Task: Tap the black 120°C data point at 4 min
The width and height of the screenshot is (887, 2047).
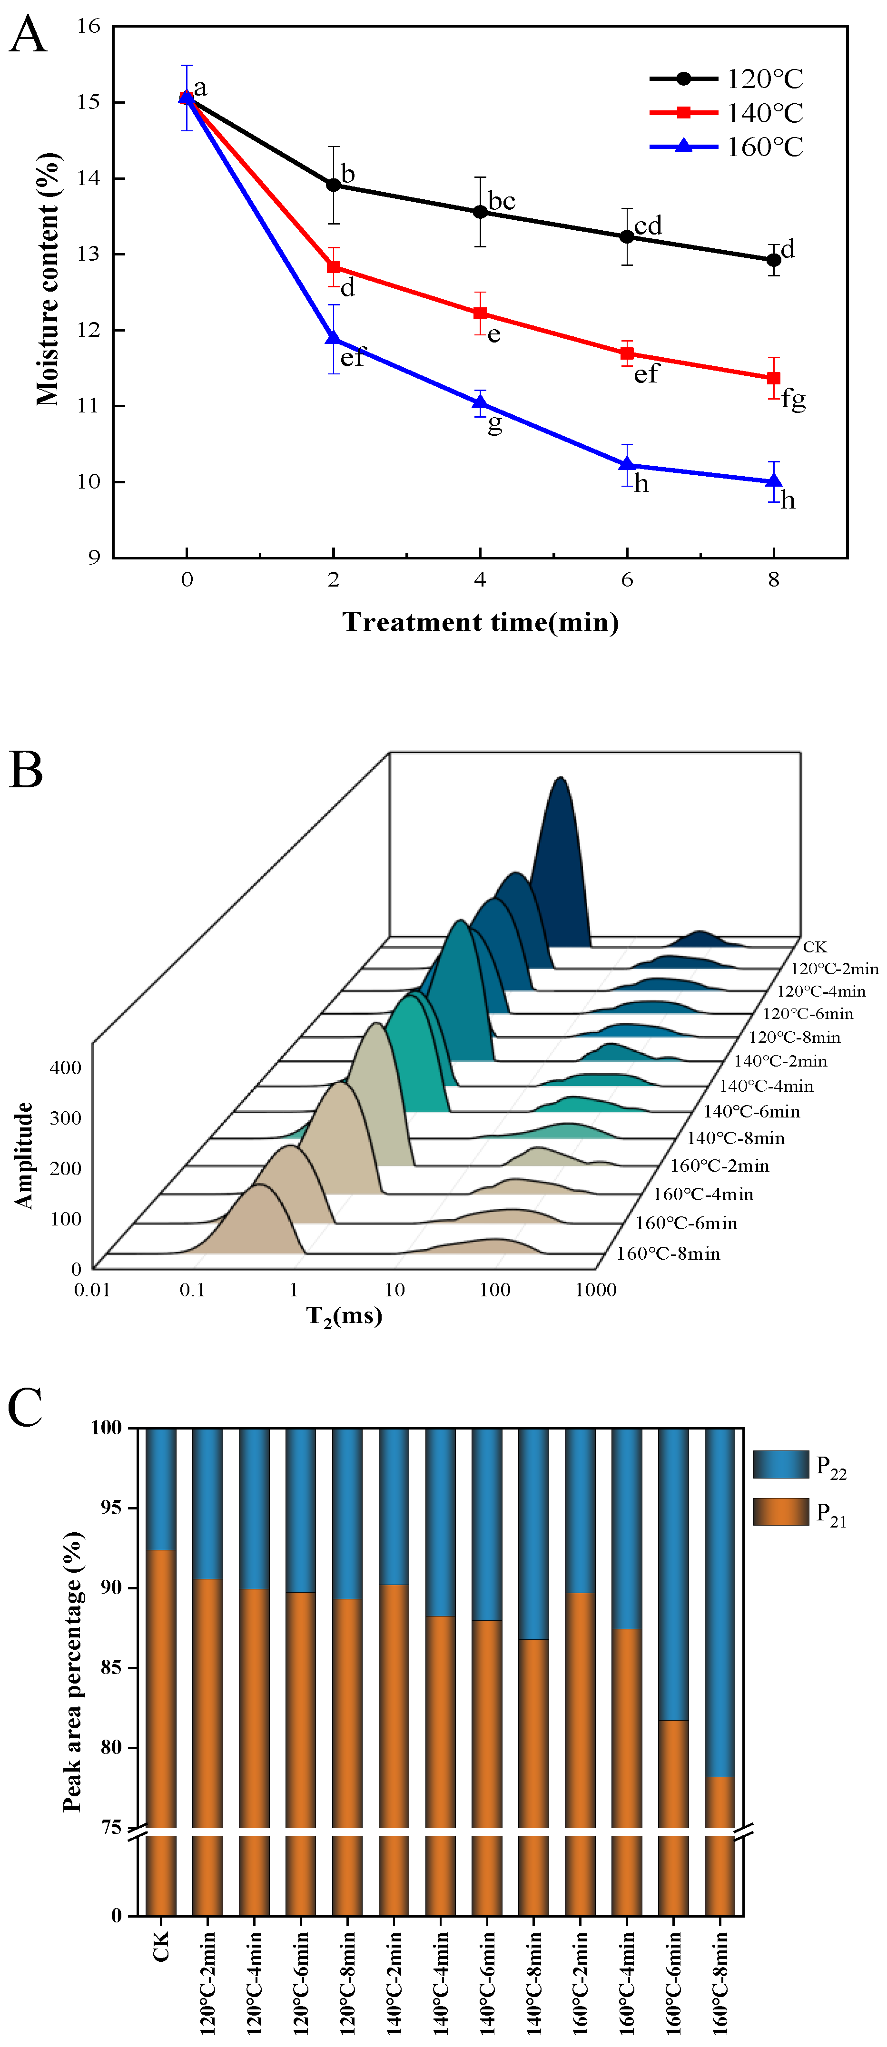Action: point(480,212)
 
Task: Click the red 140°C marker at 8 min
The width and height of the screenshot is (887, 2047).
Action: point(773,378)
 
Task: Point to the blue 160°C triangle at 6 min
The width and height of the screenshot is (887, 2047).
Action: point(627,464)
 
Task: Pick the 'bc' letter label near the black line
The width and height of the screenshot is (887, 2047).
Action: point(502,201)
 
